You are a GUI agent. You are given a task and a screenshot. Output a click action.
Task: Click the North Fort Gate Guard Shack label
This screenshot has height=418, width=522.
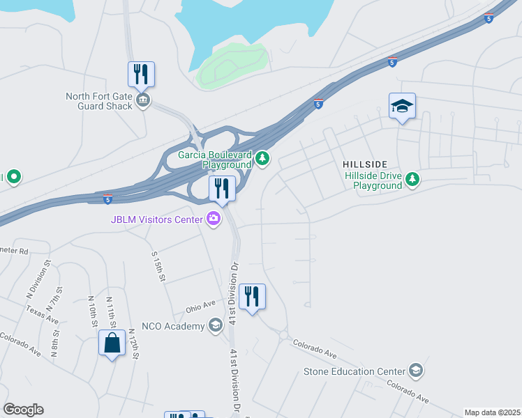point(98,101)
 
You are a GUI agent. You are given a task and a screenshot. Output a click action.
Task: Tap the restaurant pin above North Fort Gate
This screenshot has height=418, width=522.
point(141,75)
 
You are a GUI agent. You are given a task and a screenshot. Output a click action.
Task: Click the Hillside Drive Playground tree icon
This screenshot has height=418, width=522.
point(413,180)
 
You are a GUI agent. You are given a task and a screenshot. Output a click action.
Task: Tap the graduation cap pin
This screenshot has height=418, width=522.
point(402,107)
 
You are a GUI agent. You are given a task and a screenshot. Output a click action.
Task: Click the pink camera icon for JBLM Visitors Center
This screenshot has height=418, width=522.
point(213,219)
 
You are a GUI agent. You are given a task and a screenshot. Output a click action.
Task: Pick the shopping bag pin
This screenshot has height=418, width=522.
point(112,343)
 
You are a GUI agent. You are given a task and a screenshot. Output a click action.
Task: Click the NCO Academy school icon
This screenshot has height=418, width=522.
point(215,325)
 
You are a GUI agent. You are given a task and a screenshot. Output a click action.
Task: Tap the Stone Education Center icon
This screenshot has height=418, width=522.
point(416,369)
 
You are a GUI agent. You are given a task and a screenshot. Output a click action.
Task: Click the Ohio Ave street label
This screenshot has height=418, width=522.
point(201,307)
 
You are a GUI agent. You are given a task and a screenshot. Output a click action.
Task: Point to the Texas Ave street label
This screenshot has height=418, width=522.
point(43,314)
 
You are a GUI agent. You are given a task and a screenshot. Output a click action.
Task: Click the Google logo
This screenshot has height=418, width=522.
point(23,410)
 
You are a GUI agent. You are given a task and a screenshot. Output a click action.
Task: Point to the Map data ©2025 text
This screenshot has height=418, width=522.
point(492,412)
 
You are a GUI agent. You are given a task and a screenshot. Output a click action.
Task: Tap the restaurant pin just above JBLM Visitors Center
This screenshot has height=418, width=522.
point(222,189)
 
